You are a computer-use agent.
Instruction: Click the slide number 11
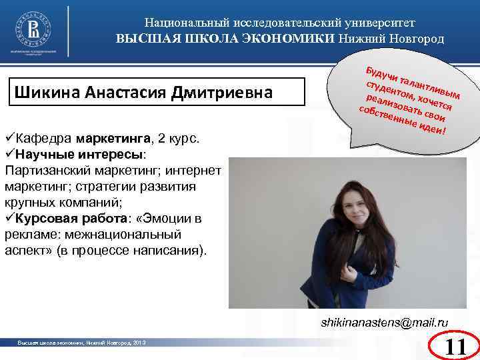pyautogui.click(x=455, y=347)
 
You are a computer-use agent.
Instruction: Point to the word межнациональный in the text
pyautogui.click(x=134, y=234)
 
